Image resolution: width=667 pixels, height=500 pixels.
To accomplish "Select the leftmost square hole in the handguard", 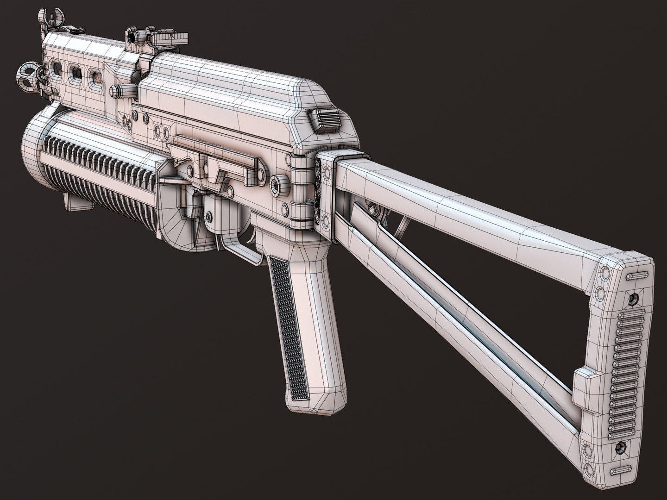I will (56, 69).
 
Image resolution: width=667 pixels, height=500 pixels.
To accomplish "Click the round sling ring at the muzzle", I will (27, 74).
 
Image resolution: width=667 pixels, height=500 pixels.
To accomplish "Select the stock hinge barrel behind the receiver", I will (303, 190).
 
